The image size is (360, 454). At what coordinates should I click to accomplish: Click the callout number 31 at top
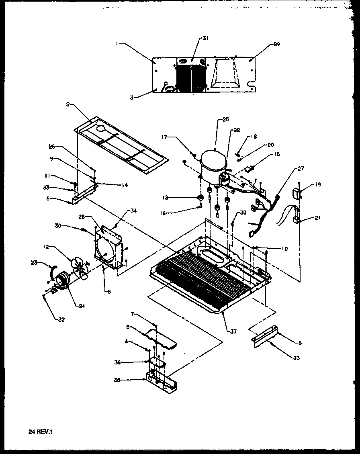[205, 38]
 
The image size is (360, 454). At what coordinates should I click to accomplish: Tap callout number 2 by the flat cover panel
[68, 104]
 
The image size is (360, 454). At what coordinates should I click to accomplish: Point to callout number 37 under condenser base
[233, 332]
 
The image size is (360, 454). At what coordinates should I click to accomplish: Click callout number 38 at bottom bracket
[129, 380]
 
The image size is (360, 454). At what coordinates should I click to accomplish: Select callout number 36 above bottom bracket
[129, 362]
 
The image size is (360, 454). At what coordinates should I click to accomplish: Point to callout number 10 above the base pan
[284, 249]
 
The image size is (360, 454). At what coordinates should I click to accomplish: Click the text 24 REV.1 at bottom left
[41, 432]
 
